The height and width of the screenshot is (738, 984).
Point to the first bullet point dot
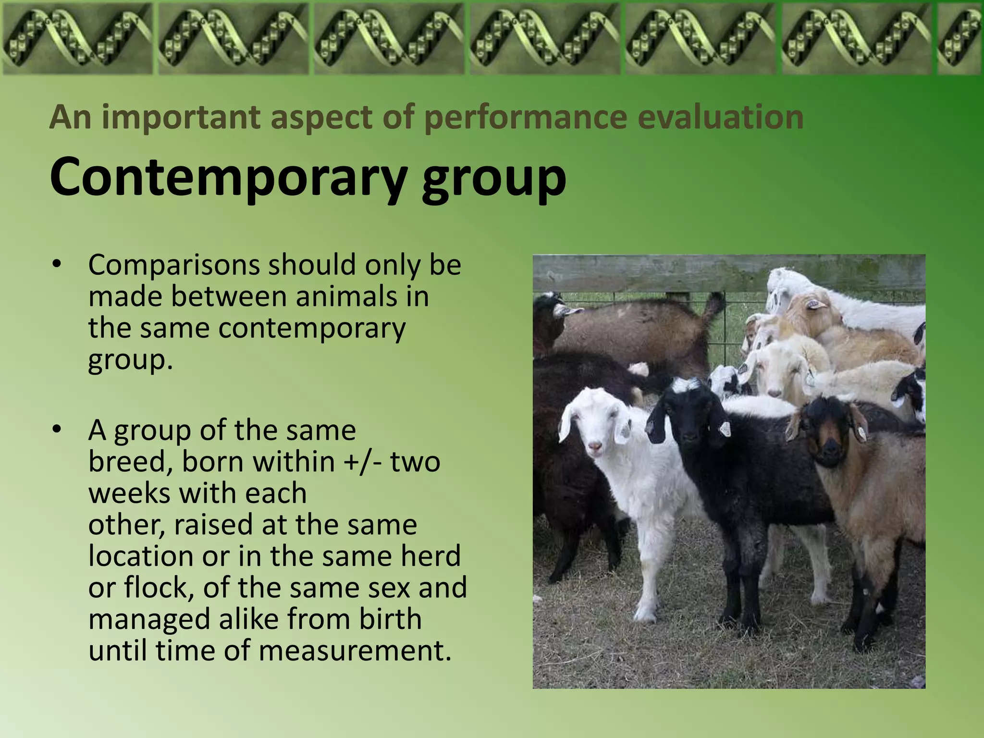(x=57, y=264)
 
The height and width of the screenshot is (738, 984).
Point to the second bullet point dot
(x=57, y=430)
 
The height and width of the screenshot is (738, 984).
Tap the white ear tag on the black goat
(x=725, y=429)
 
